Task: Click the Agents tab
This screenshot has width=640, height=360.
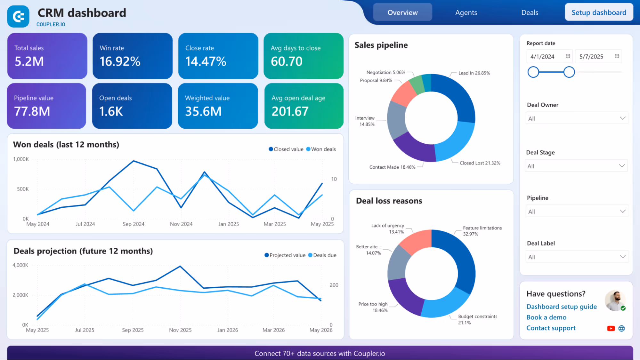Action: pos(466,12)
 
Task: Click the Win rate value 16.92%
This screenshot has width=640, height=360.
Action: pos(120,61)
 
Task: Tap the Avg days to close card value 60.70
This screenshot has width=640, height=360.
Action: pos(286,61)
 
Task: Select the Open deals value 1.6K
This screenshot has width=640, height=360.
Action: pos(111,111)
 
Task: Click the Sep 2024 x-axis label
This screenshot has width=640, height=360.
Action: pos(134,224)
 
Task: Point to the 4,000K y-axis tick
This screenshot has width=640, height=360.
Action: pos(20,265)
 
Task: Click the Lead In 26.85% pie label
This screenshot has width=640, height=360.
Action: pos(474,73)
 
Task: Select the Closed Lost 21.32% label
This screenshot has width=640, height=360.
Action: pos(480,163)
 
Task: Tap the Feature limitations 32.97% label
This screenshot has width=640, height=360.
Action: pos(482,231)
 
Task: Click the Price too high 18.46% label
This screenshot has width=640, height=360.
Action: pos(373,307)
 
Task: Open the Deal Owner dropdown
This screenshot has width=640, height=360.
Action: pos(576,118)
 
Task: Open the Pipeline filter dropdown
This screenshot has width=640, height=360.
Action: pos(576,212)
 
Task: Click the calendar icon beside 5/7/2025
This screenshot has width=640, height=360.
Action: pos(617,56)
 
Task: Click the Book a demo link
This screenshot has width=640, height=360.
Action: pos(546,317)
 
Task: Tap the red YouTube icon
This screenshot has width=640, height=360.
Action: pos(611,328)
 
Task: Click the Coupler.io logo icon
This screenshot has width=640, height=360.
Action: pos(18,16)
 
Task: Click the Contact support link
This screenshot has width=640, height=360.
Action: pos(551,328)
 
